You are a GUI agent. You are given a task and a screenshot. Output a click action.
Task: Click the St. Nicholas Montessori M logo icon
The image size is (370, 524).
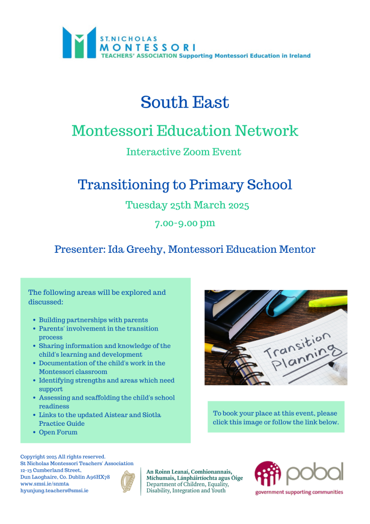79,42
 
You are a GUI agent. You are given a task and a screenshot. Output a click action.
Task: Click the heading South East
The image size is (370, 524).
184,102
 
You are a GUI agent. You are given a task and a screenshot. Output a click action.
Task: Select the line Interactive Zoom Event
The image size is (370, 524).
183,152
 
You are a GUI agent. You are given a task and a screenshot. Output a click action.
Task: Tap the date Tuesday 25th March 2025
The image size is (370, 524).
187,205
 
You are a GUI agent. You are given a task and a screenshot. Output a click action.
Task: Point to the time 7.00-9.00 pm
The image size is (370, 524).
184,223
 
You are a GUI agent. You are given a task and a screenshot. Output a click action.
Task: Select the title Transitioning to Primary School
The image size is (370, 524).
184,184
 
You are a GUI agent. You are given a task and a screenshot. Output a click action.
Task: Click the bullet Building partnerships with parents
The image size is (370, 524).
93,320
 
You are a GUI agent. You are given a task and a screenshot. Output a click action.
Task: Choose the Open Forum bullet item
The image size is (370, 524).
58,432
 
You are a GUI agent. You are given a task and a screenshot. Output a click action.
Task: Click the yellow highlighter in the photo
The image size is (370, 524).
327,302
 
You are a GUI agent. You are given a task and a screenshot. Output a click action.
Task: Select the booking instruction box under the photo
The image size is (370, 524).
275,418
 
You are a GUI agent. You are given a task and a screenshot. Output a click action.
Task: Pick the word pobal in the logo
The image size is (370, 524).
314,474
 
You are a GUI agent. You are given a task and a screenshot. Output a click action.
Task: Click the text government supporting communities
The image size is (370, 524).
299,492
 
